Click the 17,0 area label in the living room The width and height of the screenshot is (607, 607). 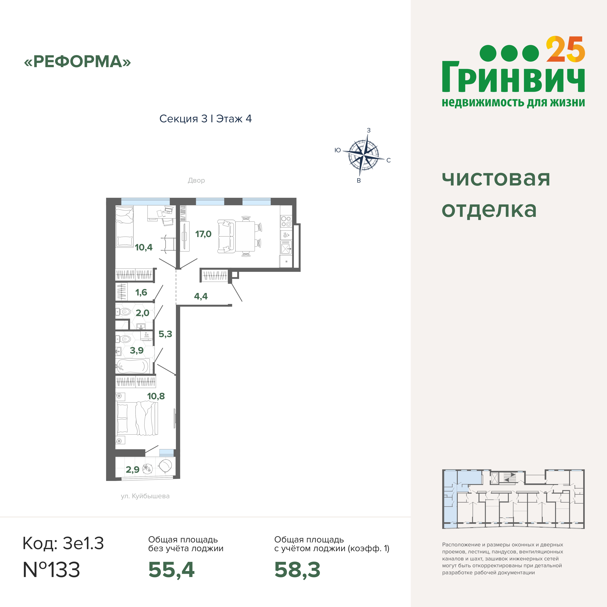(203, 234)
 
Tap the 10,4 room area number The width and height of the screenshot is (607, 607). (144, 247)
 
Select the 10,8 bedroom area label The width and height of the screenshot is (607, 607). (156, 396)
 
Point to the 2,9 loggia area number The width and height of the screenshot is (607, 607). (133, 470)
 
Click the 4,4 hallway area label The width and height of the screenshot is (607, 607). (201, 296)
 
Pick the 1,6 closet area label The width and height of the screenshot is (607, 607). (141, 293)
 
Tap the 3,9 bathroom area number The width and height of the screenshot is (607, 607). (137, 350)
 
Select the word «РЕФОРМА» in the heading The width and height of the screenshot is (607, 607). (77, 62)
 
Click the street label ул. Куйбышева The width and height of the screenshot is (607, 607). (145, 496)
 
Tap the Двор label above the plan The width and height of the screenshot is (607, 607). (196, 180)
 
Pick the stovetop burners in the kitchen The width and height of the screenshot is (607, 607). (286, 221)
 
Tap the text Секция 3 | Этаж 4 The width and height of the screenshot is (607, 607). (206, 119)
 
